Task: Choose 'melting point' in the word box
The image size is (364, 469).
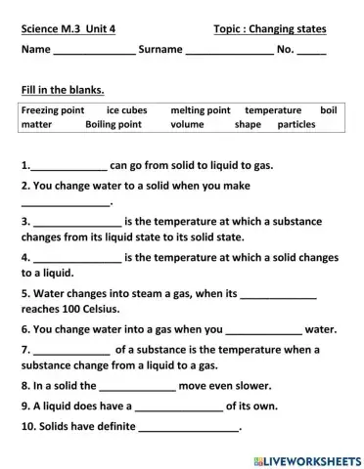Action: point(200,110)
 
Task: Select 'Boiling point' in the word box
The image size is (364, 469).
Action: point(114,125)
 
